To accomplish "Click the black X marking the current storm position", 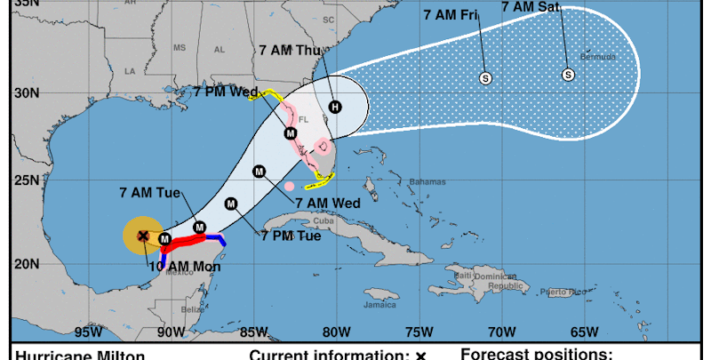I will tap(143, 236).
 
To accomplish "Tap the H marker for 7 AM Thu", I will tap(334, 107).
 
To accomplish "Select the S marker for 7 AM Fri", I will tap(485, 78).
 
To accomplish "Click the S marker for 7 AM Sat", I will tap(568, 75).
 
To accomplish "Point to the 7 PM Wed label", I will tap(227, 92).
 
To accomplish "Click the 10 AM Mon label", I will tap(185, 266).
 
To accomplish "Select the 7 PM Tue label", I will tap(292, 236).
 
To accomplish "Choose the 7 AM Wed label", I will tap(327, 203).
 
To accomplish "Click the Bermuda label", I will tap(597, 56).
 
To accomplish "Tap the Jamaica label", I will tap(379, 304).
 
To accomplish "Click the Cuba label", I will tap(323, 220).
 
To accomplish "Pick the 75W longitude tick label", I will tap(419, 333).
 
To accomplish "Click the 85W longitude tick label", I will tap(253, 333).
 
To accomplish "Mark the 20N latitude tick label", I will tap(26, 264).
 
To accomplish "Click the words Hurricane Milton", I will tap(80, 356).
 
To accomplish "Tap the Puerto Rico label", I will tap(565, 292).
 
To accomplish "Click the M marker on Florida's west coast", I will tap(290, 133).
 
